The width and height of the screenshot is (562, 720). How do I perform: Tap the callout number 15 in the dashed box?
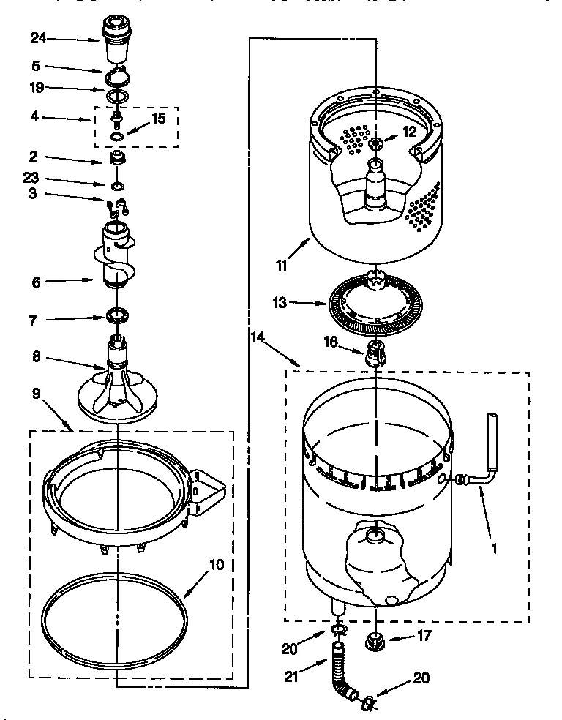click(x=160, y=117)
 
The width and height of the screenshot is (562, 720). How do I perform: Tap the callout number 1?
click(x=495, y=545)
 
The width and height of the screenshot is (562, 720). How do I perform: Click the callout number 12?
click(x=409, y=132)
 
